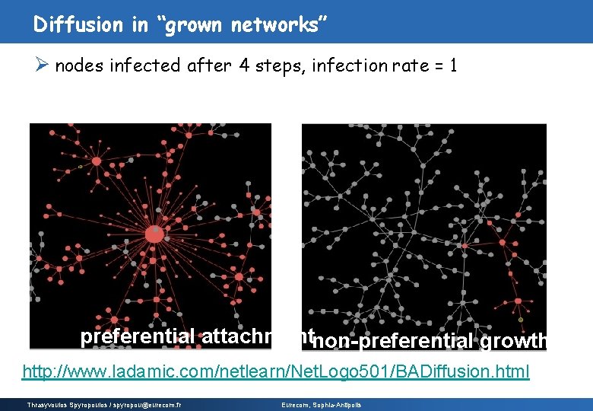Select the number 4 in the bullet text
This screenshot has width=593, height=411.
(x=243, y=66)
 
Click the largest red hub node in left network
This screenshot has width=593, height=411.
(x=154, y=234)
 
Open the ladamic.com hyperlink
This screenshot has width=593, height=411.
(x=275, y=372)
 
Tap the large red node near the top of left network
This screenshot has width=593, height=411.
(x=97, y=161)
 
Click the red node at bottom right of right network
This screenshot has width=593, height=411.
(x=518, y=301)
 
